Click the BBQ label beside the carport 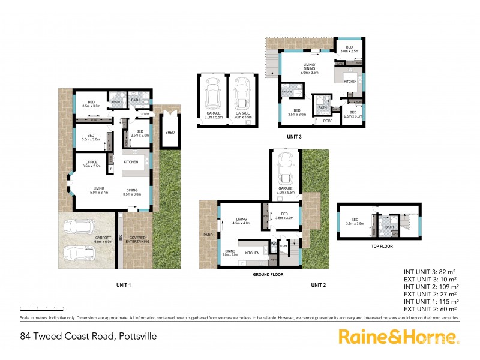coord(121,238)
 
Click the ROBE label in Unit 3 coord(328,121)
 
